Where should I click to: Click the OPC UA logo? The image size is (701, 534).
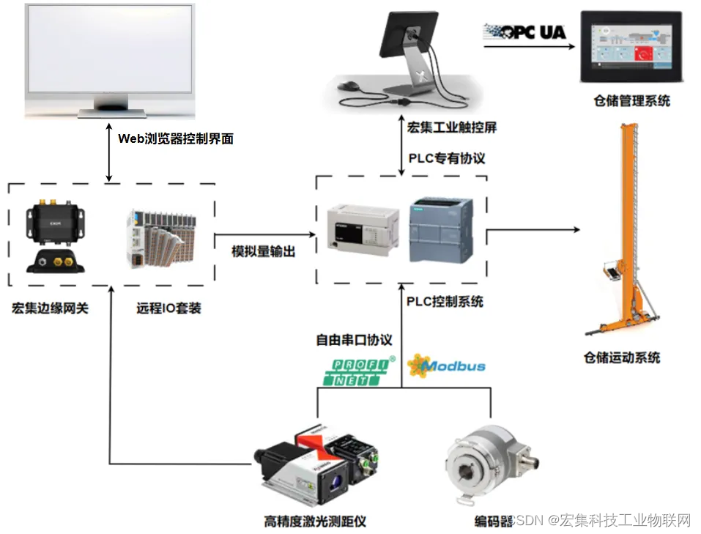click(524, 32)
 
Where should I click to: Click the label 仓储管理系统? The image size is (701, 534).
click(631, 100)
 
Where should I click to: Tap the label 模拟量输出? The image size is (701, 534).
click(264, 251)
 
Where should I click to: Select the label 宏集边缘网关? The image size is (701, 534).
click(50, 308)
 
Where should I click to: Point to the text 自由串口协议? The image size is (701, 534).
click(354, 340)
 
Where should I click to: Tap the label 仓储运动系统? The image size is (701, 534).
click(622, 357)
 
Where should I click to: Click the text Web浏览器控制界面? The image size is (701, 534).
click(176, 138)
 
